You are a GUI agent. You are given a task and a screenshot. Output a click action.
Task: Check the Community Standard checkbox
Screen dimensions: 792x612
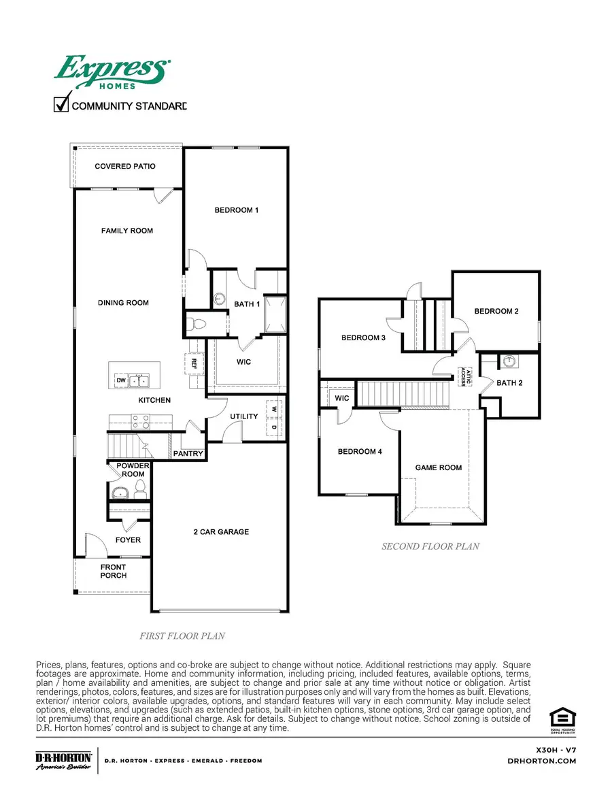tap(61, 105)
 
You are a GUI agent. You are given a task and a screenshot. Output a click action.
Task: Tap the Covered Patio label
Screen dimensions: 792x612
tap(125, 166)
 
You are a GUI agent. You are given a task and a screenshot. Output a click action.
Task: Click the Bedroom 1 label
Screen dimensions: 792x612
tap(237, 210)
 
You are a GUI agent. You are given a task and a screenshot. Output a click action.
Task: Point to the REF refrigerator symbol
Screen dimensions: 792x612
tap(194, 363)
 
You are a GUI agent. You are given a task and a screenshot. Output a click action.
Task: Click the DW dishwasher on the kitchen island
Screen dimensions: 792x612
tap(120, 380)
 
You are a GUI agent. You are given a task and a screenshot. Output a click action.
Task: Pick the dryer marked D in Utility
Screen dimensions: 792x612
tap(274, 427)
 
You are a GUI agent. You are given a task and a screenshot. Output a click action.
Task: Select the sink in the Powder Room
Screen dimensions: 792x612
tap(121, 492)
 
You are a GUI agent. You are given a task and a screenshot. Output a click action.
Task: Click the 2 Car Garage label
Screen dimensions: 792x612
tap(221, 531)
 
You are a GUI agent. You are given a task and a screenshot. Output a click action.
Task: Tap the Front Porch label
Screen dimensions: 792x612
tap(114, 571)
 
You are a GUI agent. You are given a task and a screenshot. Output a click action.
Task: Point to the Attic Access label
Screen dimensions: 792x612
tap(462, 376)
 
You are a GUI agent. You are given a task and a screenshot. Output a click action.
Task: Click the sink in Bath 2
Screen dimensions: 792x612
tap(509, 361)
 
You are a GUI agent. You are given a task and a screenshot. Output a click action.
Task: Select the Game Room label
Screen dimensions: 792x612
tap(439, 467)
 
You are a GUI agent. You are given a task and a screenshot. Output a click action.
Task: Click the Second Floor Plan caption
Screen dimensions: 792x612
tap(430, 546)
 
